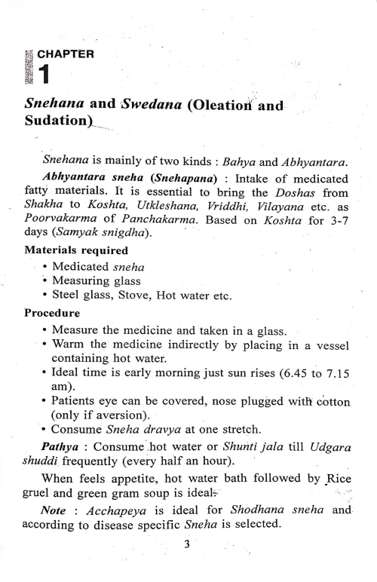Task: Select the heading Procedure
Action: (x=48, y=332)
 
